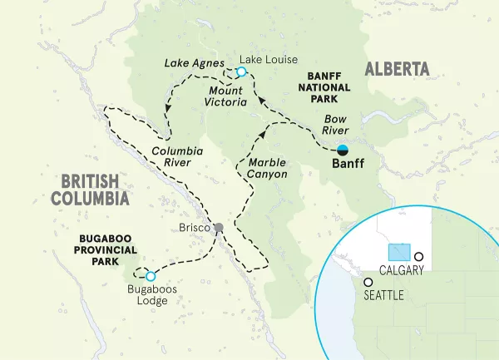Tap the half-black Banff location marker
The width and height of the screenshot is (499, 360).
tap(343, 150)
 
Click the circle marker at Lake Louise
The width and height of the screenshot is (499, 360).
tap(241, 72)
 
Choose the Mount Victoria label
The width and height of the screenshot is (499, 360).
tap(225, 96)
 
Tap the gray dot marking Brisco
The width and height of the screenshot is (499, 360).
tap(219, 228)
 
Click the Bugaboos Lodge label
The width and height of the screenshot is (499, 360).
tap(147, 295)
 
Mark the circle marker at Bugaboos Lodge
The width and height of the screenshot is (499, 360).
tap(151, 277)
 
